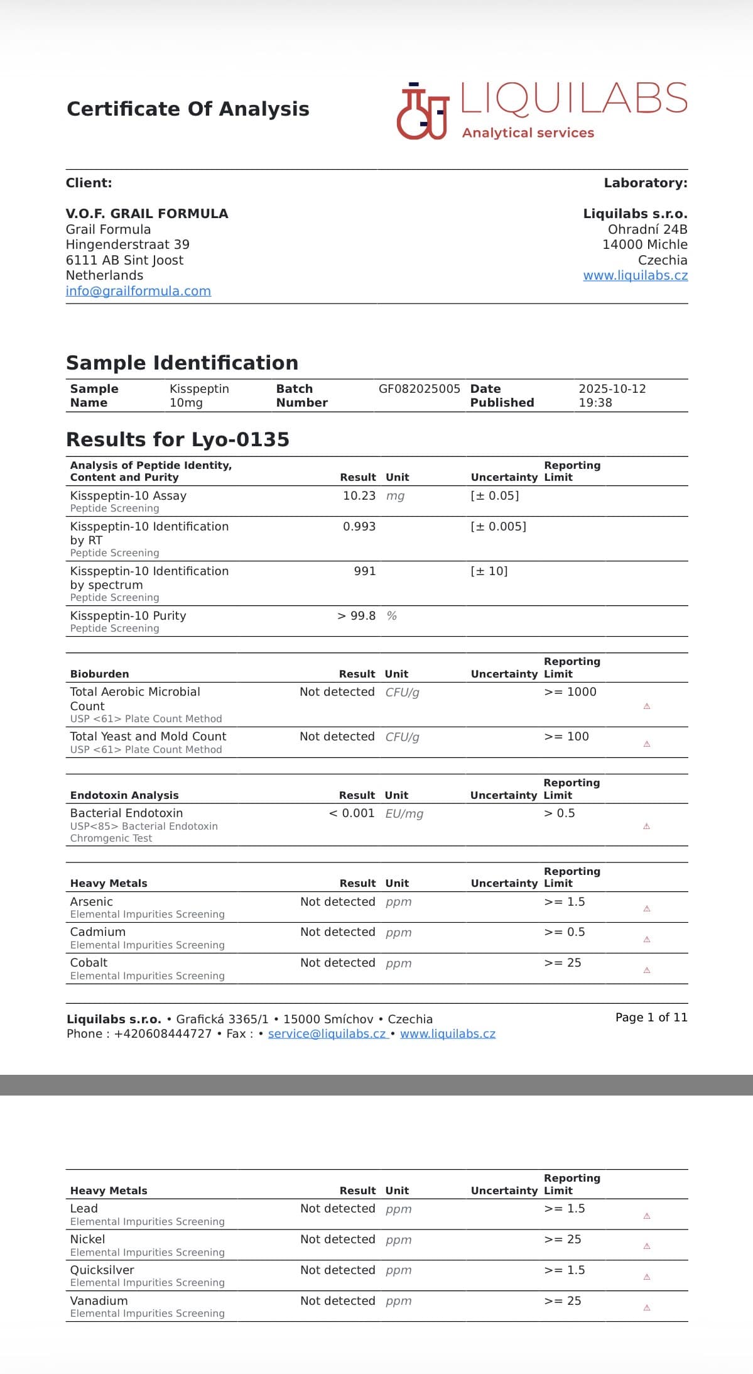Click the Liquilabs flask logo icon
point(422,111)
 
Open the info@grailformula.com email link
point(138,291)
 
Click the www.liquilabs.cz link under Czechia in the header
point(635,275)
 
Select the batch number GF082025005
point(419,389)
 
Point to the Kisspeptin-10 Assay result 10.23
point(359,496)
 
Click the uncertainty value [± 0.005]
point(498,527)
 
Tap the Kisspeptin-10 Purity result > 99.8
point(356,616)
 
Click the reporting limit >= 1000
point(570,692)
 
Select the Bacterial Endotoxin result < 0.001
point(351,813)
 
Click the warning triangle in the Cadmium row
point(646,940)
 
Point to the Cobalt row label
point(89,963)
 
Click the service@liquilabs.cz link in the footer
point(327,1034)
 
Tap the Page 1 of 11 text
point(651,1018)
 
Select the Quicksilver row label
point(102,1270)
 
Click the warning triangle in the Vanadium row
point(646,1308)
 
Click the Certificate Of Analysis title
point(188,109)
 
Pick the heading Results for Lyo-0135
point(177,439)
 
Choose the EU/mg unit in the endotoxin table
point(404,814)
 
